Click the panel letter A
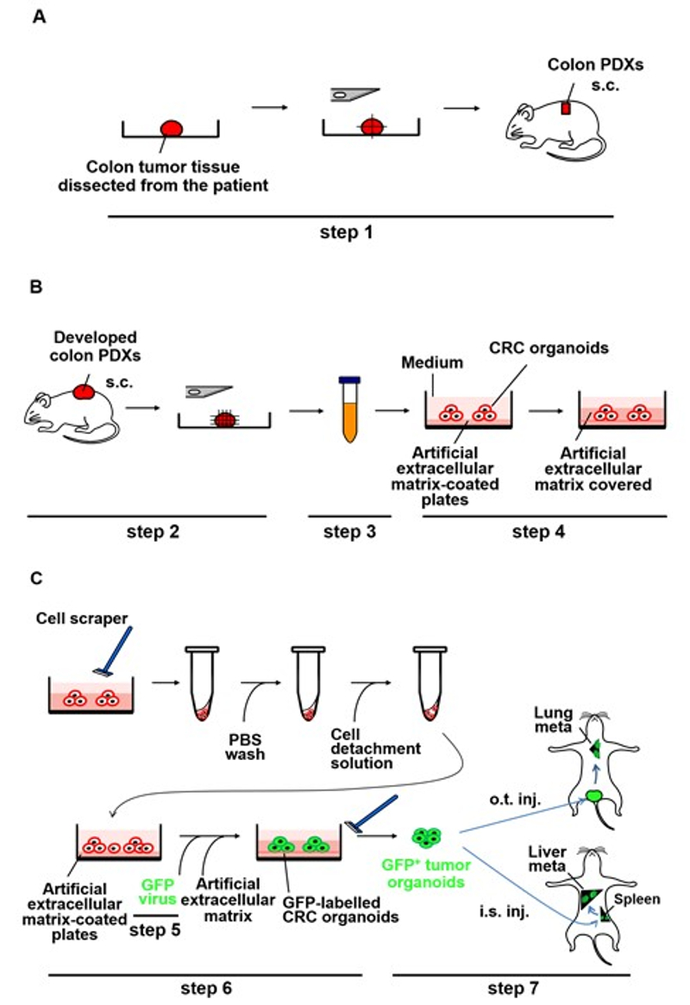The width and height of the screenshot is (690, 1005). tap(38, 17)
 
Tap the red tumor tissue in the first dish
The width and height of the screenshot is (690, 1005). tap(172, 128)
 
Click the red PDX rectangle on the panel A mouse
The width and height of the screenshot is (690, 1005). tap(566, 109)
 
